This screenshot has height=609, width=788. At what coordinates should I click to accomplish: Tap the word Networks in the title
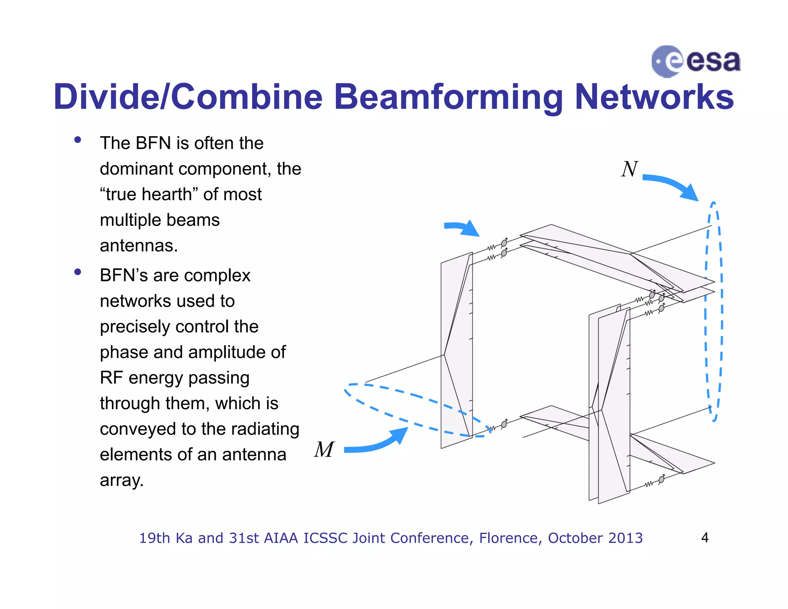point(654,97)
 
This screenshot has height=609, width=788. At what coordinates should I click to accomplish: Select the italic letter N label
point(629,169)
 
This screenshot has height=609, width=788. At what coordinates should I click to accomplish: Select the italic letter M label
point(324,449)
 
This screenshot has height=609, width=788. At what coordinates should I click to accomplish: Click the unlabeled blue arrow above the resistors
point(462,228)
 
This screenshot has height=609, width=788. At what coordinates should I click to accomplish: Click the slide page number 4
point(705,538)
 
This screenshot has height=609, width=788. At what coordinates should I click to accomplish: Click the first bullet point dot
point(78,140)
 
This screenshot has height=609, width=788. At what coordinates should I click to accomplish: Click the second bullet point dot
point(78,272)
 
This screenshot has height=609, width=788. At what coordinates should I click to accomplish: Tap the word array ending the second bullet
point(121,480)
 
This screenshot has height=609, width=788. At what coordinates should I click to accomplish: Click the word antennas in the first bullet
point(139,246)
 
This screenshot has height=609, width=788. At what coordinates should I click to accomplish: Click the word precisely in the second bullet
point(135,327)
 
